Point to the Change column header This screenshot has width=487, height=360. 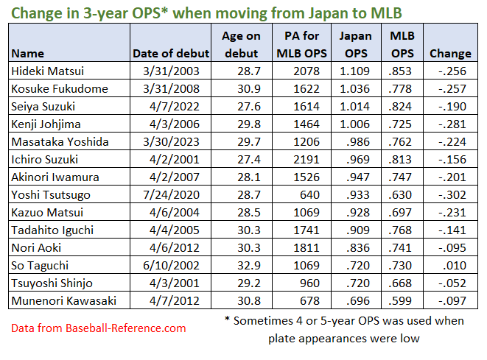[x=450, y=53]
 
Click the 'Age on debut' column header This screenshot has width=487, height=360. [x=242, y=44]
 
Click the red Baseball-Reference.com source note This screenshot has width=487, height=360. [x=99, y=328]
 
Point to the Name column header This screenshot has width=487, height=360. [x=28, y=53]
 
